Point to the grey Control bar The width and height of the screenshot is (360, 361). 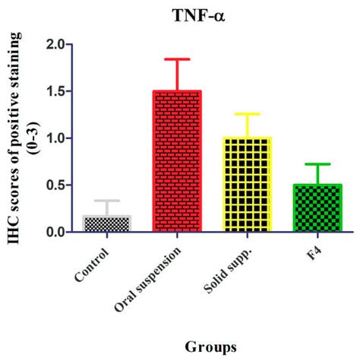[106, 224]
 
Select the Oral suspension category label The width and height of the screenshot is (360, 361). [150, 277]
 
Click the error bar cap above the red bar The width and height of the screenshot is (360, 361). [178, 59]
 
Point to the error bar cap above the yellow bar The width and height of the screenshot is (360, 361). [247, 114]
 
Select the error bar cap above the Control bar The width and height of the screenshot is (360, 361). [106, 201]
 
